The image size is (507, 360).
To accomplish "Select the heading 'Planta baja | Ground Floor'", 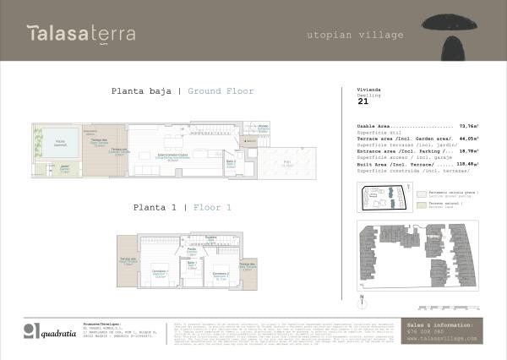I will (x=182, y=91).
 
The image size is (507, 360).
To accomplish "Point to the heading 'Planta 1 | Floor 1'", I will (x=182, y=206).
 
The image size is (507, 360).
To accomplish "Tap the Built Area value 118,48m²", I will (x=466, y=164).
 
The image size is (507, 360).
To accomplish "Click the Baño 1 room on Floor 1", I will (x=192, y=265).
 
